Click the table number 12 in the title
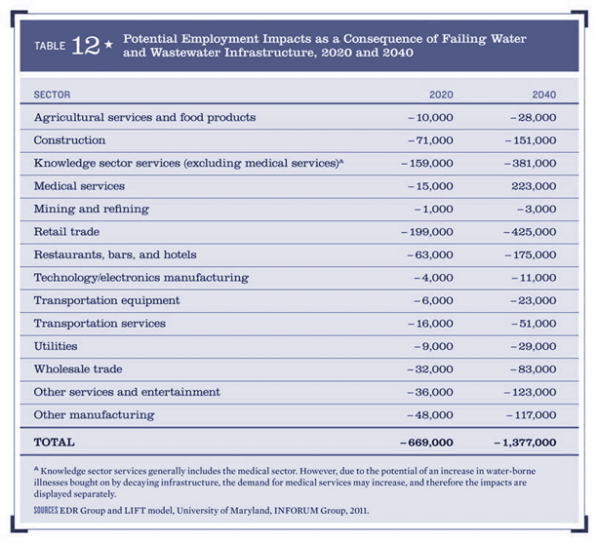(86, 45)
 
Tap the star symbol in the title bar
(109, 46)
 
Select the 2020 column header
(441, 94)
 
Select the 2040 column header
(543, 94)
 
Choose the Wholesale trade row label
(78, 369)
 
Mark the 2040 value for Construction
(530, 140)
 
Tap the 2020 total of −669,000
(426, 443)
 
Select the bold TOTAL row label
(55, 443)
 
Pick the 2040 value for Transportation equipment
(533, 300)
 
